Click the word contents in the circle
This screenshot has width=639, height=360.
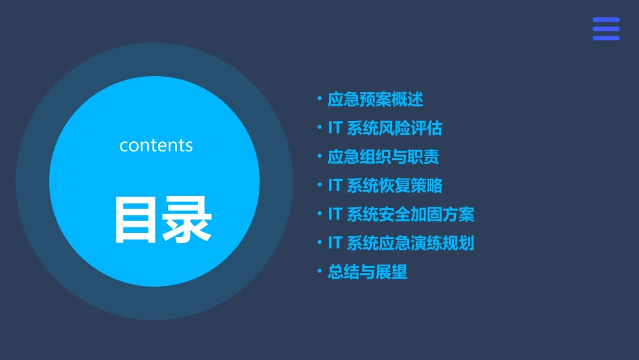coord(156,145)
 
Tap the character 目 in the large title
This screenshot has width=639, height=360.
coord(137,220)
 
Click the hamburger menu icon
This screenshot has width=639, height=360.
coord(606,29)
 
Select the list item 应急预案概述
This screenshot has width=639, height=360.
coord(375,100)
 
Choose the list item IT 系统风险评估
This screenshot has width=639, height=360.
coord(385,129)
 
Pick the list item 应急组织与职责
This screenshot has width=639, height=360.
coord(383,157)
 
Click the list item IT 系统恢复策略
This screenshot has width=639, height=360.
coord(385,186)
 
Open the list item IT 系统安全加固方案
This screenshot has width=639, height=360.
coord(401,215)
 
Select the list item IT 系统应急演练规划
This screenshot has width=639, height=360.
coord(401,243)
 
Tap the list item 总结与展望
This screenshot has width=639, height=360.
coord(367,272)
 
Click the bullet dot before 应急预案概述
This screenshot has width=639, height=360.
coord(319,100)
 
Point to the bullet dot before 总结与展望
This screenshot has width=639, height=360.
coord(319,272)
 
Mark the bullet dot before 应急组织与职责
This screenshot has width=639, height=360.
coord(319,157)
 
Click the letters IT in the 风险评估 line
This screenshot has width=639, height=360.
coord(335,129)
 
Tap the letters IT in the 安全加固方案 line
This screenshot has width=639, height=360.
coord(335,215)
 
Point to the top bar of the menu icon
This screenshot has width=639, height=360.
coord(606,20)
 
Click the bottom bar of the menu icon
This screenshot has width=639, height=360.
coord(606,38)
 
